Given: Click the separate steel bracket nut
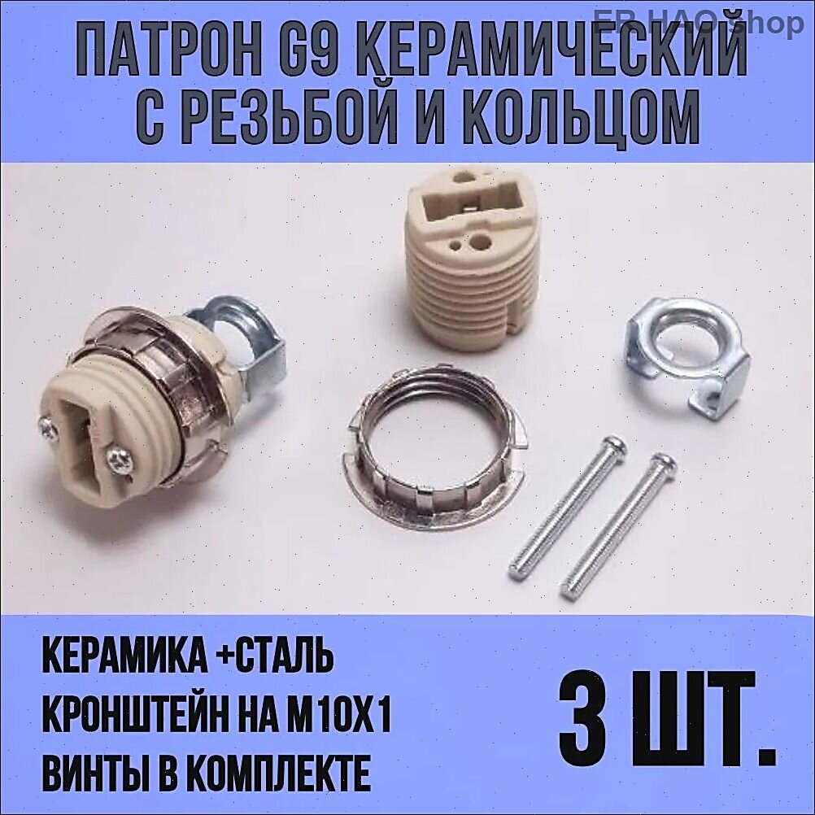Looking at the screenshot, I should pos(688,358).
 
